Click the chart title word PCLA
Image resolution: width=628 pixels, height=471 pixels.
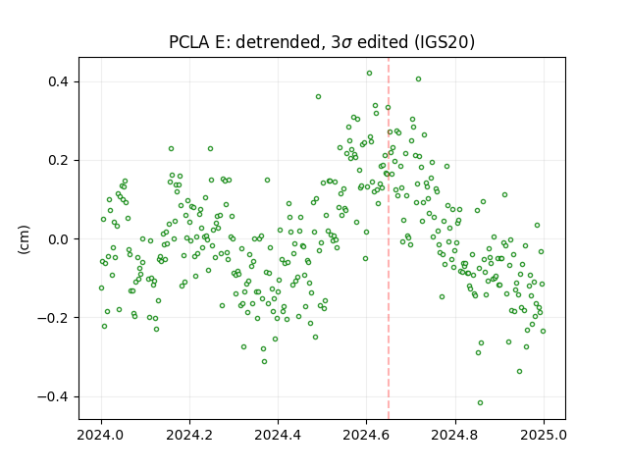(x=189, y=42)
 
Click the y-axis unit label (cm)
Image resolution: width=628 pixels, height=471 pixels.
(x=24, y=239)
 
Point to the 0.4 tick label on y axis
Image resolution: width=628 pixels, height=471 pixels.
(x=59, y=82)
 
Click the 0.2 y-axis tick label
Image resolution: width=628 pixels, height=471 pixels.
(x=59, y=161)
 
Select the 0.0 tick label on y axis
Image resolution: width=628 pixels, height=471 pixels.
(x=59, y=239)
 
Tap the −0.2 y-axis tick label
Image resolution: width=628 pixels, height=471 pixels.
(x=53, y=318)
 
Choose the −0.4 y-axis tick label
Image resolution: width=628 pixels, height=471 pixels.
(x=53, y=396)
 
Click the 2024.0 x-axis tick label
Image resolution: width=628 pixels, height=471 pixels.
(x=101, y=435)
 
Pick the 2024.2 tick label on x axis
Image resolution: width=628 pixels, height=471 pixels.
(x=189, y=435)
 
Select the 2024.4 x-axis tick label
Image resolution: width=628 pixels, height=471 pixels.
(x=278, y=435)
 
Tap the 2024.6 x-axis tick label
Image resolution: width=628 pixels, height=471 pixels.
(x=366, y=435)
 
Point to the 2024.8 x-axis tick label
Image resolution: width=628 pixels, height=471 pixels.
(x=455, y=435)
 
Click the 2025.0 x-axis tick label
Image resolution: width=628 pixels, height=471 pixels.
(x=544, y=435)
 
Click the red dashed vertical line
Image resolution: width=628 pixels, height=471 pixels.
(x=389, y=238)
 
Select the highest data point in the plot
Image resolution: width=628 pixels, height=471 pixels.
(x=369, y=74)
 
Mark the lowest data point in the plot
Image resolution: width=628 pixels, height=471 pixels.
(x=480, y=403)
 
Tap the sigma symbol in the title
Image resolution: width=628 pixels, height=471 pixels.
(x=347, y=43)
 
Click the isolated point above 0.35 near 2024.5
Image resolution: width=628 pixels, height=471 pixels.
(x=318, y=97)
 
